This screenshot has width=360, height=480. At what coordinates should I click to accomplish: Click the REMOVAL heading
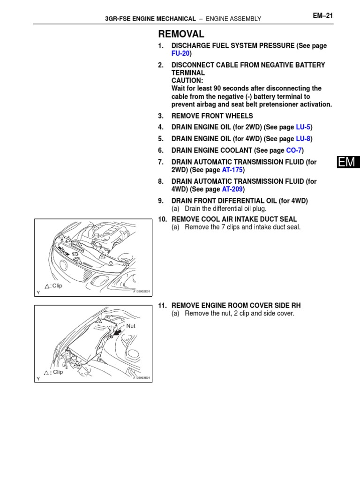(x=181, y=34)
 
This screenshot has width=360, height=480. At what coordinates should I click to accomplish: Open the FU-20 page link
(x=180, y=54)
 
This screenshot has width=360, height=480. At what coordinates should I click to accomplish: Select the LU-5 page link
(x=303, y=127)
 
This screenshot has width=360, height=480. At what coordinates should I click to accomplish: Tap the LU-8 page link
(x=303, y=139)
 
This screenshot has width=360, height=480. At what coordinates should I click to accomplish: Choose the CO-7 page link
(x=294, y=150)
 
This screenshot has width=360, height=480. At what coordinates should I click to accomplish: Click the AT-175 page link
(x=232, y=170)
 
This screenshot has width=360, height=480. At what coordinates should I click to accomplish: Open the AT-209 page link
(x=232, y=189)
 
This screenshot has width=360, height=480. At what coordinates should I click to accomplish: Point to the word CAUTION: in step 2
(x=187, y=81)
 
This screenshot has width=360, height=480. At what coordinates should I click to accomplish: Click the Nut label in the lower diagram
(x=131, y=325)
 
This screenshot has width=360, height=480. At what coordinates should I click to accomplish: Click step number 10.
(x=162, y=219)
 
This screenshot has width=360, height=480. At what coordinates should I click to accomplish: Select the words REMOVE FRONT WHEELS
(x=212, y=116)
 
